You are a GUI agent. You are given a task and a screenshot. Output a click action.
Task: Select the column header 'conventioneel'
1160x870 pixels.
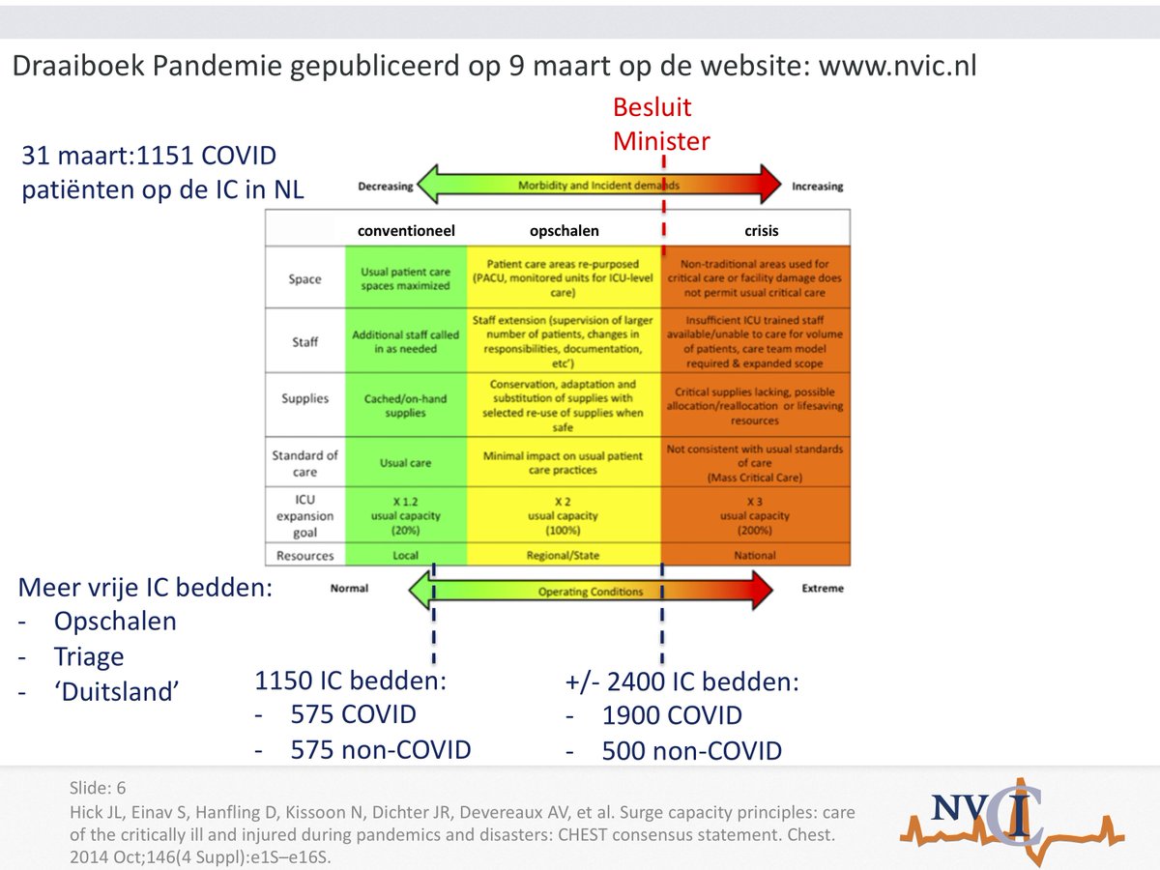(x=406, y=231)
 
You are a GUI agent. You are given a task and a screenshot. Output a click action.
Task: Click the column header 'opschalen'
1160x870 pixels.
(x=564, y=231)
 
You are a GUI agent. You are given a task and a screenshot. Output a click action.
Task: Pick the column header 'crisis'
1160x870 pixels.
(x=762, y=231)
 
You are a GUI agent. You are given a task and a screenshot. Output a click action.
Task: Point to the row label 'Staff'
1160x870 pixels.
(x=304, y=341)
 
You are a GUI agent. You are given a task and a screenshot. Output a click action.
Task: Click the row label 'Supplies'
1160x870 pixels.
(x=304, y=398)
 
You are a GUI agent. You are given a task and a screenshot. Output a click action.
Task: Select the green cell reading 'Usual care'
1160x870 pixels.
(x=405, y=463)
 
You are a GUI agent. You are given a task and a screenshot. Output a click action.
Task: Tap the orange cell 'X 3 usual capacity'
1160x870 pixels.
(x=755, y=515)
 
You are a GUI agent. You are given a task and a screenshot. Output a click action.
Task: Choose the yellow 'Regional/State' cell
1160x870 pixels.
(x=564, y=556)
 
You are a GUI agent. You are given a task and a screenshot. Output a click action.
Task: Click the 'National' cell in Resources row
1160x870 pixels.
(x=755, y=556)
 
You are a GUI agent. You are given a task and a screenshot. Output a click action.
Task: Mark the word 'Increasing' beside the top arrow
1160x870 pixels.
(x=817, y=187)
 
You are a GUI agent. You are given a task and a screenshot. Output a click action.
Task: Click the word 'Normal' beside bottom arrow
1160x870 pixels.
(x=349, y=588)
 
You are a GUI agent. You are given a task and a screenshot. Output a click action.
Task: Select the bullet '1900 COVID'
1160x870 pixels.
(x=672, y=716)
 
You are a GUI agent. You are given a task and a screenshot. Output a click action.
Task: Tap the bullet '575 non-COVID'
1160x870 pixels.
(x=381, y=749)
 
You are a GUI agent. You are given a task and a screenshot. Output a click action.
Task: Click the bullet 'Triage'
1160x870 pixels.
(x=89, y=657)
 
